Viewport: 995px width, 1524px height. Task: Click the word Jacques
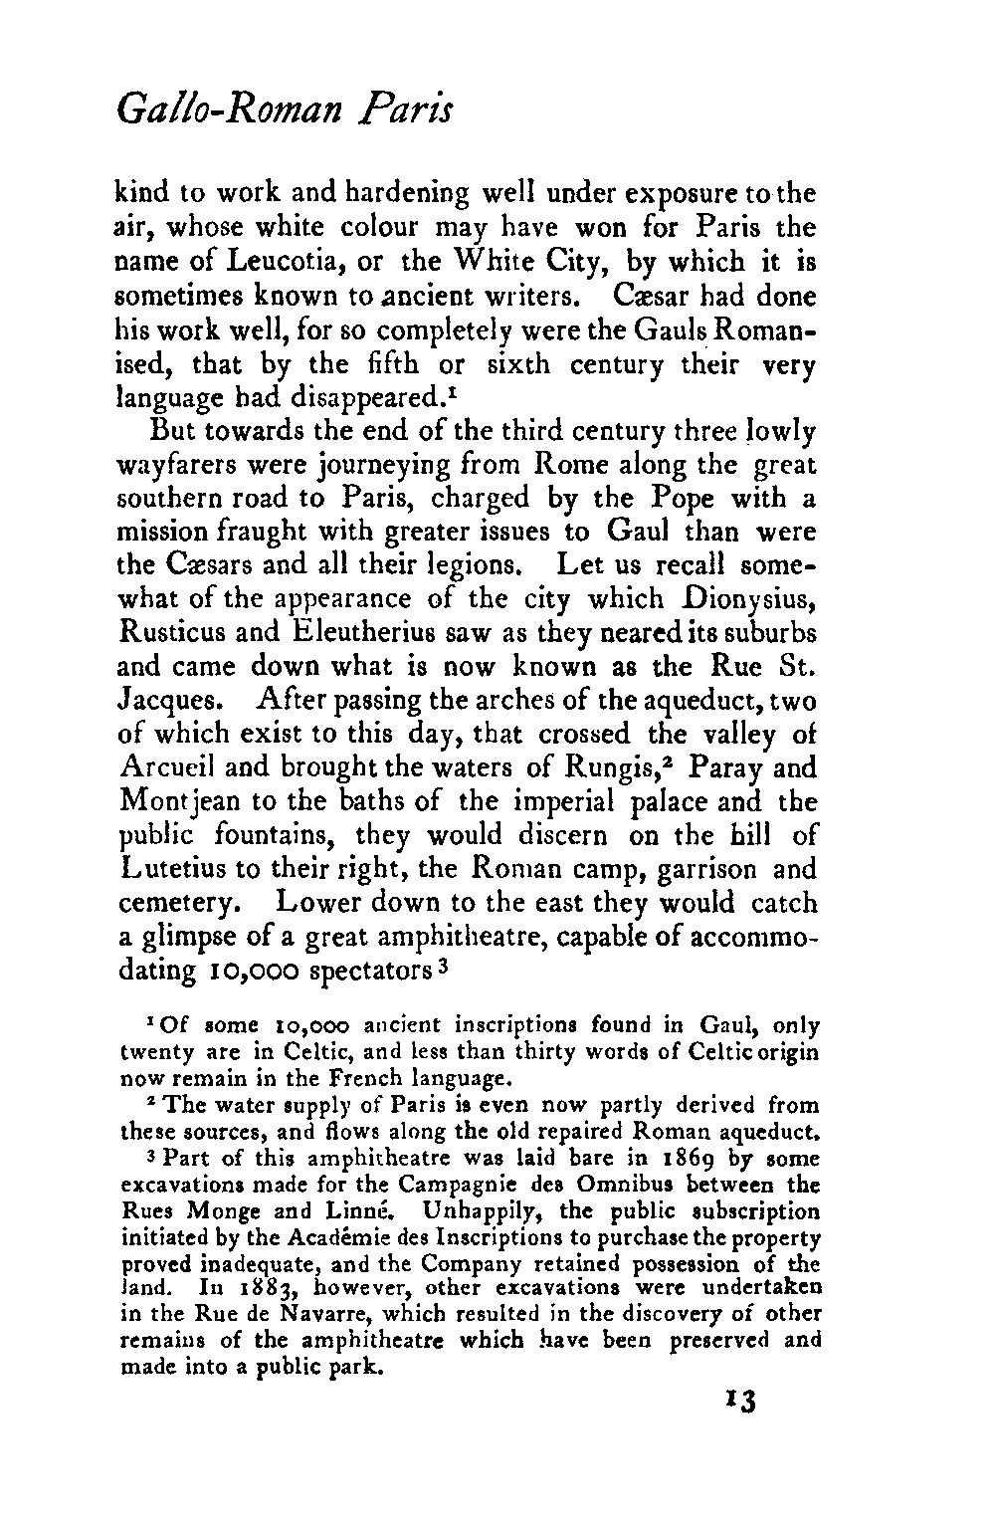[x=173, y=701]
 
